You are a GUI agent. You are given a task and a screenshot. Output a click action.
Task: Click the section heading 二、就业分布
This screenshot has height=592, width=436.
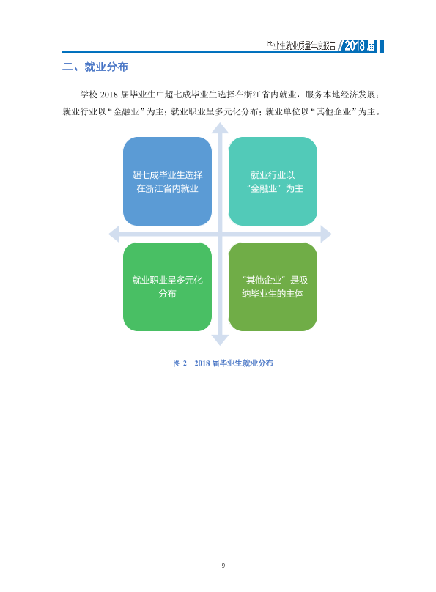95,67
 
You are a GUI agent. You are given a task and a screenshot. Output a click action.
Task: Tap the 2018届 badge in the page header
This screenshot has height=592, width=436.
359,45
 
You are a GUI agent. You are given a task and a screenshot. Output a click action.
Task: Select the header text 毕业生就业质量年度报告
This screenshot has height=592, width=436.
301,46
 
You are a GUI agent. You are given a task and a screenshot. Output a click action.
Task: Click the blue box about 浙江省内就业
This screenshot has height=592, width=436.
167,181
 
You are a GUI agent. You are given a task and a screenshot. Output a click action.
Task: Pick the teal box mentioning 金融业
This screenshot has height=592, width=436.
273,181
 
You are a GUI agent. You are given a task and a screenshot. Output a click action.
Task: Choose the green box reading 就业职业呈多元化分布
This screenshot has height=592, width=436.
167,287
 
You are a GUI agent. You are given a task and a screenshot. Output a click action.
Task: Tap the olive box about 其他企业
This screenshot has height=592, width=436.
273,287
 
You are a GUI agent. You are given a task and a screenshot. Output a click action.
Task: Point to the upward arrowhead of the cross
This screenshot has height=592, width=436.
220,129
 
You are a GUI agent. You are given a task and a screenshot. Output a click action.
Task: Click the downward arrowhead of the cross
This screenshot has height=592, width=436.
220,340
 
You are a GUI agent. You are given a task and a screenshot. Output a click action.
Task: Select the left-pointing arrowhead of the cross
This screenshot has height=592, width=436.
114,234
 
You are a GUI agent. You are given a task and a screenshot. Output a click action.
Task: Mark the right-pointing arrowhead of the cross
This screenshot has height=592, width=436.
326,234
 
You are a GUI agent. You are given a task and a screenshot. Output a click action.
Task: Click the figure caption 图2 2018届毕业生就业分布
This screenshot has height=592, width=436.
223,363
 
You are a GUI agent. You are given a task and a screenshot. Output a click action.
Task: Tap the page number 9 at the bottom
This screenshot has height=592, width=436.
223,565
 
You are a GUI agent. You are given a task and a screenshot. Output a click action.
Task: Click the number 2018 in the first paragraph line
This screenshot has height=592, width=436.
108,95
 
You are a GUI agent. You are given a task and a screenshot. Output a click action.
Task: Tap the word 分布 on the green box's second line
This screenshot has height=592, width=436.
167,293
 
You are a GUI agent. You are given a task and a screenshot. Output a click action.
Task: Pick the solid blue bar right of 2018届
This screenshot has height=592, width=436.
382,45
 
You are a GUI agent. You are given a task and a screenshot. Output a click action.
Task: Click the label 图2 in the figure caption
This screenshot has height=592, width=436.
180,363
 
